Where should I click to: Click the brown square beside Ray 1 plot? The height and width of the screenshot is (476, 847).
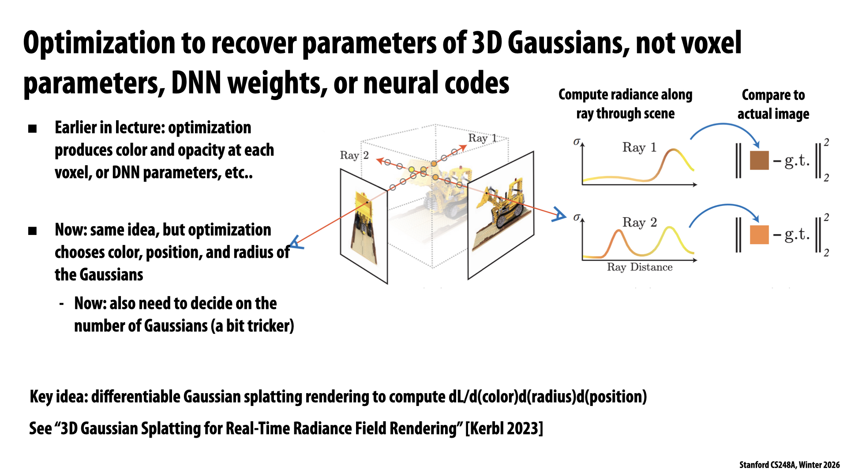[759, 160]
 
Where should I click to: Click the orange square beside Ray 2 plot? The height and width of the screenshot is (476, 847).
[759, 235]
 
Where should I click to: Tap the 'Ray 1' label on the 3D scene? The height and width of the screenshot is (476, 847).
[482, 138]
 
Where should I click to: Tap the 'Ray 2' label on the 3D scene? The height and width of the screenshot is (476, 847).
[354, 156]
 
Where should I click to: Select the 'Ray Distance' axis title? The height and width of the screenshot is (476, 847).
[639, 267]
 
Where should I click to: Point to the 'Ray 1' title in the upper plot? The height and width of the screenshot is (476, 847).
[639, 147]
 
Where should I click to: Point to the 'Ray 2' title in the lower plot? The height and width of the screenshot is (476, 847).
[639, 223]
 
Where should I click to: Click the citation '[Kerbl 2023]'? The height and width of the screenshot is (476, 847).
[504, 428]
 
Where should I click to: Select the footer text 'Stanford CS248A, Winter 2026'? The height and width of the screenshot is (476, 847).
[789, 465]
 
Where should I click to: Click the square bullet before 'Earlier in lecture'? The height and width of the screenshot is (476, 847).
[32, 129]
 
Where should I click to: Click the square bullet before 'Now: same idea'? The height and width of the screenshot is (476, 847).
[32, 231]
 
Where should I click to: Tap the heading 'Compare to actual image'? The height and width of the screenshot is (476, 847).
[773, 104]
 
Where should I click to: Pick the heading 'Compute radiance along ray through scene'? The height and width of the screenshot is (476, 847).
[625, 104]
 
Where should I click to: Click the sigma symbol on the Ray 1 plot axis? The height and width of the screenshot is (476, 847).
[577, 142]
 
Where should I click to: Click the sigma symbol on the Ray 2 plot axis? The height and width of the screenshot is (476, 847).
[577, 217]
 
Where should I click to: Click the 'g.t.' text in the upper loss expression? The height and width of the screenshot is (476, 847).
[797, 161]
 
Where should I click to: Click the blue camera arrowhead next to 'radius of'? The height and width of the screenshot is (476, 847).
[296, 243]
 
